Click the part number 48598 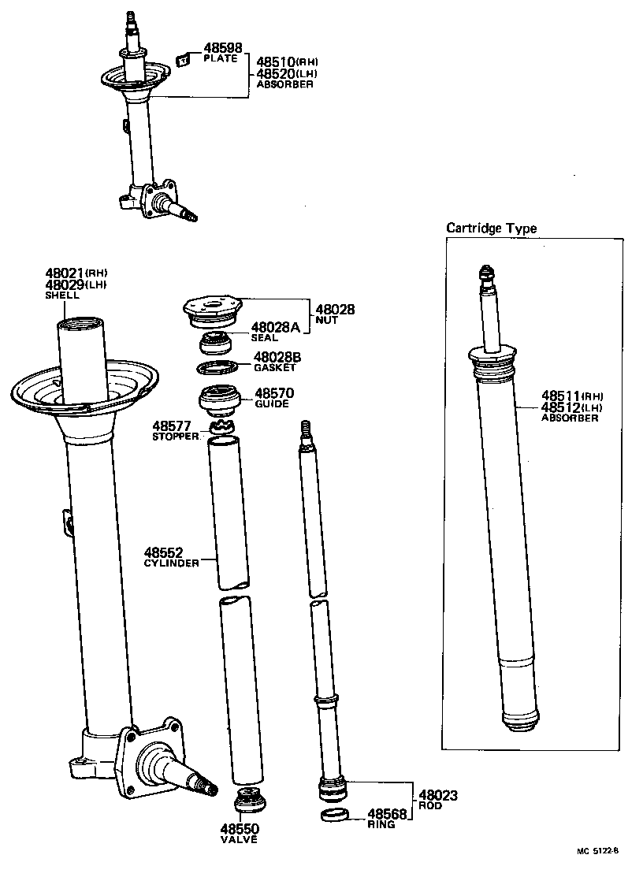[x=222, y=48]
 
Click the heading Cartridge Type [x=491, y=229]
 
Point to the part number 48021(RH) [x=76, y=273]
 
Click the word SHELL [x=61, y=295]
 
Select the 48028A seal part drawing [x=214, y=344]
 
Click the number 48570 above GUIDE [x=273, y=392]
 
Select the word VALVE [x=239, y=840]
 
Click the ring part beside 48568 [x=334, y=815]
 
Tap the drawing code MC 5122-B [x=598, y=851]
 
